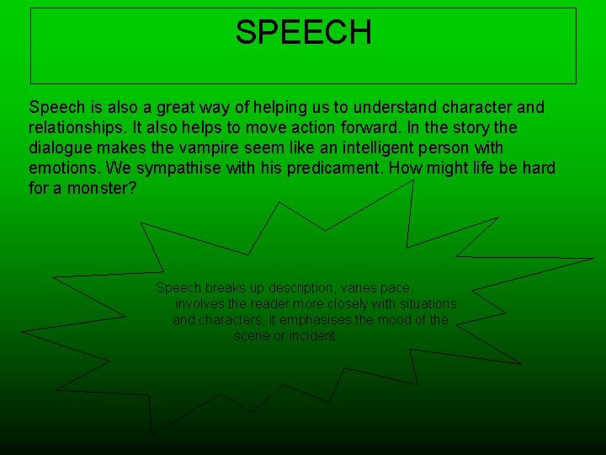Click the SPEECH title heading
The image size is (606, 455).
click(303, 33)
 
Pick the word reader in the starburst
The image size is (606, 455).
click(253, 303)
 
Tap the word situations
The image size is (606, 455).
click(427, 303)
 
